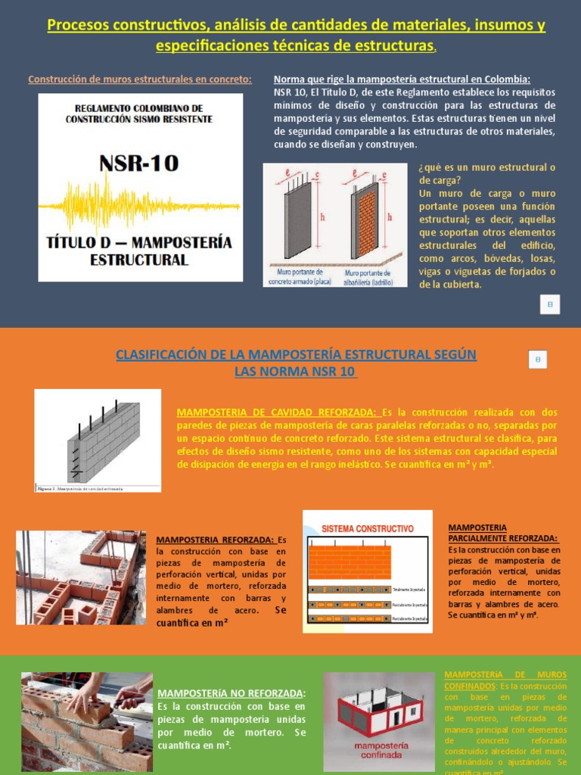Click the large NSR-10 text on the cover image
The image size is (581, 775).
click(139, 163)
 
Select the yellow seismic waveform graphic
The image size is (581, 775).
click(139, 202)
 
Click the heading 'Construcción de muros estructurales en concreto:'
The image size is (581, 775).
click(140, 79)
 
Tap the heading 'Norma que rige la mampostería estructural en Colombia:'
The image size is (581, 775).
click(402, 79)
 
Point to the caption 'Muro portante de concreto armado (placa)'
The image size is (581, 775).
click(297, 276)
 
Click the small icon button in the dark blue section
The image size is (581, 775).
click(550, 303)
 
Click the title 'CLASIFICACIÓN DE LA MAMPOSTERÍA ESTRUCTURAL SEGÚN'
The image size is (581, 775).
click(296, 355)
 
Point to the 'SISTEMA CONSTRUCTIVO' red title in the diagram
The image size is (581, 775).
click(368, 528)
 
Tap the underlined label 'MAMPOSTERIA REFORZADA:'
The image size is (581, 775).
click(216, 540)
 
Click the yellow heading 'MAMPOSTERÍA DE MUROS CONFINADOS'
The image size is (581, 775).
click(505, 680)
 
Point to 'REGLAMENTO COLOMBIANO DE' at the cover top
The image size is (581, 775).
click(139, 108)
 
